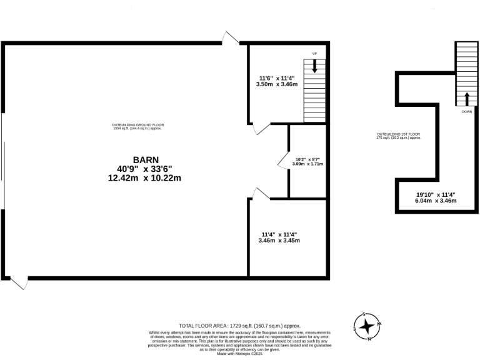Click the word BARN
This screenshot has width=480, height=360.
click(144, 159)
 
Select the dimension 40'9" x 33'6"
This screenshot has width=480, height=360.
click(144, 169)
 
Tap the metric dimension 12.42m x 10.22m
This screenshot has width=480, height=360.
click(144, 178)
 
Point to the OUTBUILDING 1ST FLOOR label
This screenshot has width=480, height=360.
click(398, 136)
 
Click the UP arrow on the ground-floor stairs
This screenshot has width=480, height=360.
click(314, 65)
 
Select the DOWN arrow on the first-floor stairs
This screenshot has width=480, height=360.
click(466, 99)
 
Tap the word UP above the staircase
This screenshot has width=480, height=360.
click(314, 54)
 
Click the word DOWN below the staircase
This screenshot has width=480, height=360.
click(466, 112)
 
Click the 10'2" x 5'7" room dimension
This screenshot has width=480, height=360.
click(308, 159)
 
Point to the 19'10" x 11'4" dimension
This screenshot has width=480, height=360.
click(436, 194)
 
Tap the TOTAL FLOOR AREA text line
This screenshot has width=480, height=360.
click(240, 326)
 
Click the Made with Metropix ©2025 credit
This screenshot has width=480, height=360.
click(240, 354)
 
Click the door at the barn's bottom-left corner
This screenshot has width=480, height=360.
click(19, 283)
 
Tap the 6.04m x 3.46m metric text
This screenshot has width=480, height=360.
click(436, 201)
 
